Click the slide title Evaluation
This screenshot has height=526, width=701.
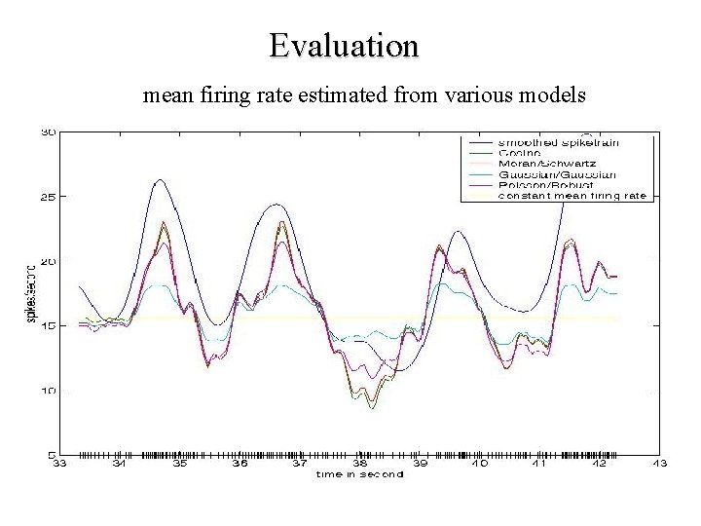tap(345, 45)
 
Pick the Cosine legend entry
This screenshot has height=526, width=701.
tap(515, 152)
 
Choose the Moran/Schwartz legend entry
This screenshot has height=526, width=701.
tap(540, 163)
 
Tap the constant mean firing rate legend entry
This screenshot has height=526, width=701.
tap(572, 195)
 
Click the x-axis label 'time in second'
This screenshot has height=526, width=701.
tap(358, 474)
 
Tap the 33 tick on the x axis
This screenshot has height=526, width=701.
tap(59, 465)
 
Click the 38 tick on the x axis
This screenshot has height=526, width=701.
tap(359, 465)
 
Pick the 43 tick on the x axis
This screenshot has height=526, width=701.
tap(659, 465)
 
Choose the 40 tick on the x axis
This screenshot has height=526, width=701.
tap(480, 465)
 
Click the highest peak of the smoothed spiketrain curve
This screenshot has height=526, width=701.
tap(159, 179)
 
